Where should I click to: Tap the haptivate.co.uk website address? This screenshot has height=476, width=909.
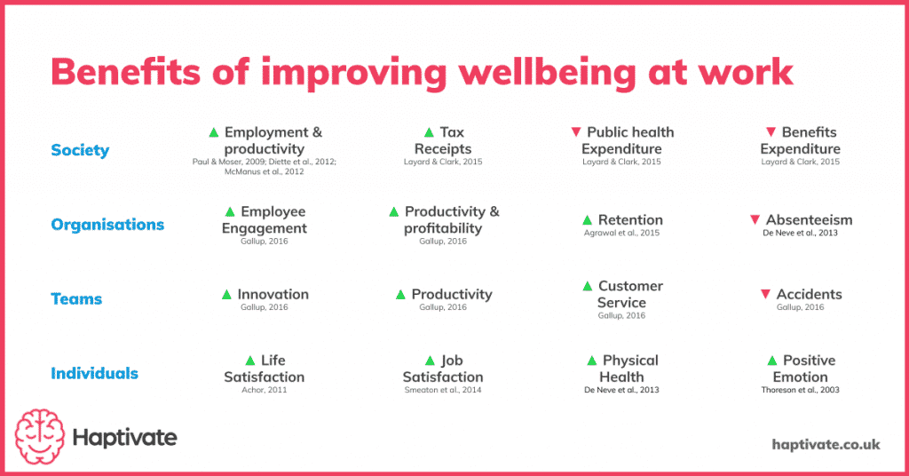[x=826, y=443]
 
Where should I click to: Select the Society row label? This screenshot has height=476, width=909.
[x=80, y=150]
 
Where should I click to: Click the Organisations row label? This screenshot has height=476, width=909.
[x=107, y=225]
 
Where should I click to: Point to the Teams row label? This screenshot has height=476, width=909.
[x=76, y=299]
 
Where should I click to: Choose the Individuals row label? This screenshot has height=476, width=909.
[x=94, y=373]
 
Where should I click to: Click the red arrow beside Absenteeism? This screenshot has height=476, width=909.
[x=755, y=219]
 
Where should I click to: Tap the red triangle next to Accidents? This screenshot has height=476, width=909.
[x=765, y=294]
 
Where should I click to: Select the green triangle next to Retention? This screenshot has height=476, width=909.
[x=587, y=219]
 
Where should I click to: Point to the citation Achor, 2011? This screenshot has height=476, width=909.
[x=264, y=390]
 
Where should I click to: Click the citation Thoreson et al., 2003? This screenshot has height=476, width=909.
[x=800, y=390]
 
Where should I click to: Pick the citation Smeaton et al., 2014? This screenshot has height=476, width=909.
[x=442, y=390]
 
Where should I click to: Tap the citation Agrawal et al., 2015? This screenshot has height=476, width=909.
[x=621, y=234]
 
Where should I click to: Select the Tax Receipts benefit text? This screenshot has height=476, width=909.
[x=443, y=140]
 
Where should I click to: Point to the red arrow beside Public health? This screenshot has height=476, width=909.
[x=576, y=132]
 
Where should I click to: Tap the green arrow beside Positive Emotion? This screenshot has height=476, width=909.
[x=772, y=361]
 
